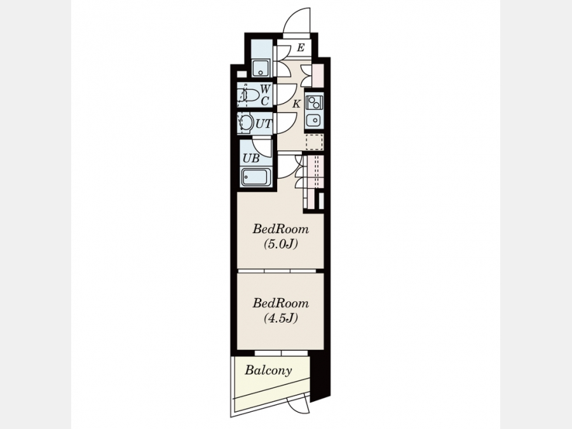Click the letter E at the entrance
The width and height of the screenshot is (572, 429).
(x=301, y=48)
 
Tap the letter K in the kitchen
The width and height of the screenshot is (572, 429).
(x=296, y=104)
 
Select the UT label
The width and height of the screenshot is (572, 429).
(x=263, y=124)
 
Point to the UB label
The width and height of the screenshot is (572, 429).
(x=251, y=158)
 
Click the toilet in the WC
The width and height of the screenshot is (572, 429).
(x=249, y=95)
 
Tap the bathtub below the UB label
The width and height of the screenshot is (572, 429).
(x=255, y=178)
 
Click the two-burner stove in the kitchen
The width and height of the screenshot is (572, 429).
(x=314, y=102)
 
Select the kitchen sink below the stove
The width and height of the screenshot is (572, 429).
(x=314, y=119)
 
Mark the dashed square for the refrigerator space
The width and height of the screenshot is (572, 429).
(x=315, y=142)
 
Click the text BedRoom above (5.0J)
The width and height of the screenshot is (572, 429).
(x=280, y=229)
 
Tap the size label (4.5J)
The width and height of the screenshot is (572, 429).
(x=280, y=318)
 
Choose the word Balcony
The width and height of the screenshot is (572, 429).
(x=268, y=371)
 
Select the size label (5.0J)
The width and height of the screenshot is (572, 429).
(x=280, y=244)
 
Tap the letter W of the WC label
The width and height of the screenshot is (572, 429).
(x=265, y=88)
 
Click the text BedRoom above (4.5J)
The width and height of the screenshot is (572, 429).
(x=280, y=304)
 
